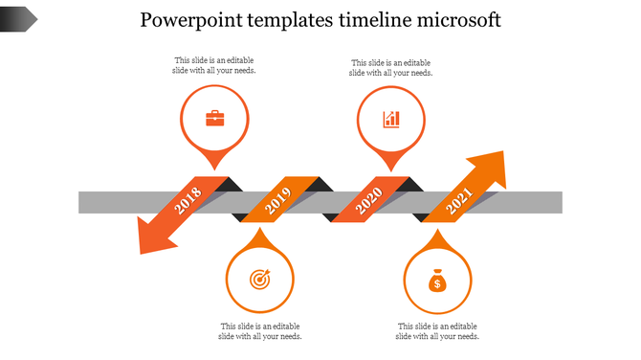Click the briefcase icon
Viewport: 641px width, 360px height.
point(215,119)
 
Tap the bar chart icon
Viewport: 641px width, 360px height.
point(391,119)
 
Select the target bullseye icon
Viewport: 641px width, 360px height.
point(259,280)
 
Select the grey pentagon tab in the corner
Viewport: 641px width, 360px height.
point(19,17)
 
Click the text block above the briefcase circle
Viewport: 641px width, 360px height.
point(214,65)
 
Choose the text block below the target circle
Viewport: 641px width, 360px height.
point(260,331)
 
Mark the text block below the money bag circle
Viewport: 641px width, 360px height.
point(437,331)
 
